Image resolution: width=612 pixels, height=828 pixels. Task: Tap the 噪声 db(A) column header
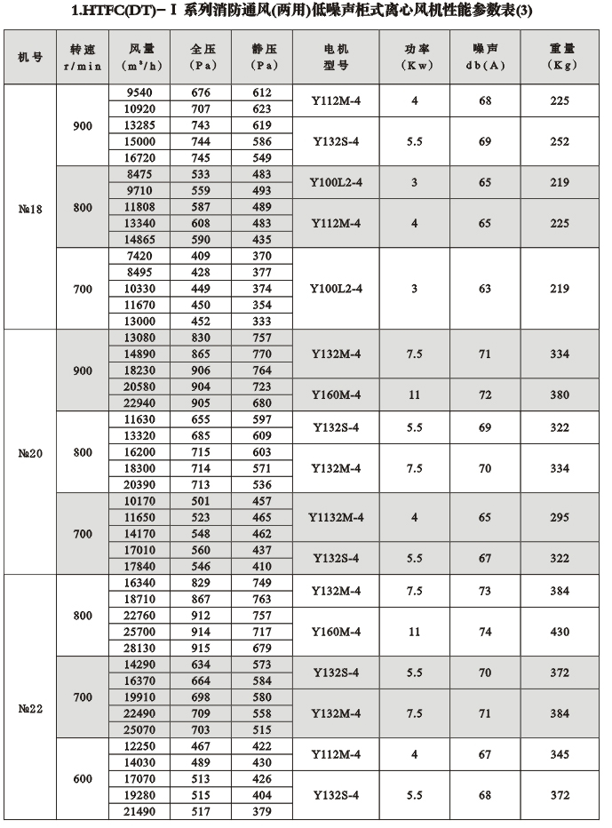pyautogui.click(x=486, y=58)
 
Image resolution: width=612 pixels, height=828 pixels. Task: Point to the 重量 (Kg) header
pyautogui.click(x=560, y=58)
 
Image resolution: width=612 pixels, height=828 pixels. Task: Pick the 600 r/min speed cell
pyautogui.click(x=83, y=779)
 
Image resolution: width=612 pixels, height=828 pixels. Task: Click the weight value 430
pyautogui.click(x=560, y=632)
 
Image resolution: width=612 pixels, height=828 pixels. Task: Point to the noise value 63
pyautogui.click(x=486, y=289)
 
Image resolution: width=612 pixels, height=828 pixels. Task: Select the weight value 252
pyautogui.click(x=560, y=141)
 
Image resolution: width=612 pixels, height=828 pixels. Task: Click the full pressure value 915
pyautogui.click(x=201, y=648)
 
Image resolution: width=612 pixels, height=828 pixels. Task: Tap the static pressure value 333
pyautogui.click(x=260, y=321)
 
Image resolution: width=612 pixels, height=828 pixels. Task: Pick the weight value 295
pyautogui.click(x=560, y=517)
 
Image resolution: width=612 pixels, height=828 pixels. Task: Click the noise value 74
pyautogui.click(x=486, y=632)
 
